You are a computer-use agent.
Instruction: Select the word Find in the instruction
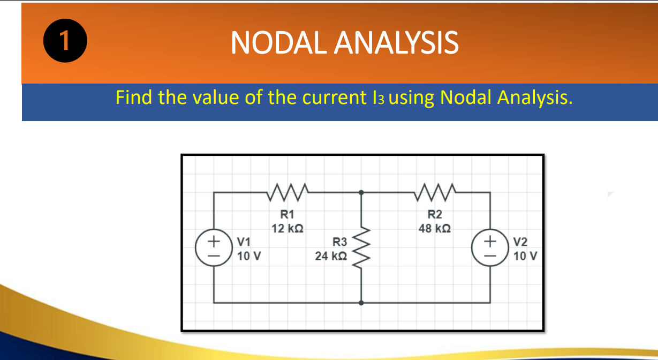coord(134,97)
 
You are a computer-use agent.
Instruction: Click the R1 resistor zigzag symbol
coord(288,189)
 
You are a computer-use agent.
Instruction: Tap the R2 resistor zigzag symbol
coord(435,189)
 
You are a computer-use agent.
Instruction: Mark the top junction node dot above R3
coord(361,192)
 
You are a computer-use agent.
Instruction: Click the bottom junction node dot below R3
coord(361,303)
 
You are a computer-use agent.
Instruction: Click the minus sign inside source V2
coord(490,255)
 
